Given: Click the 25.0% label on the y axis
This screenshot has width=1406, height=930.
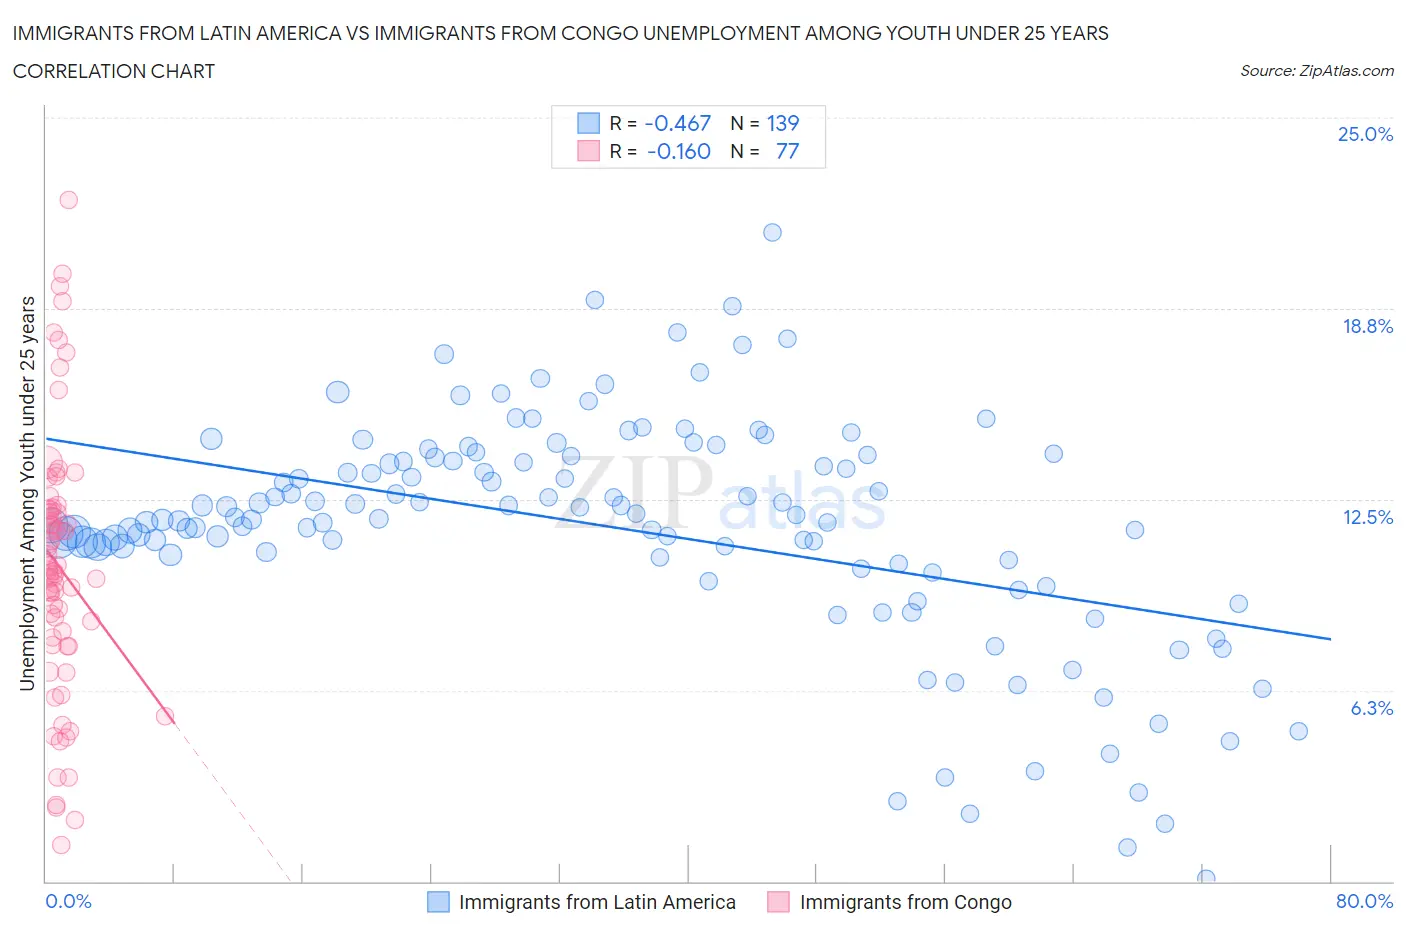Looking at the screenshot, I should [1365, 134].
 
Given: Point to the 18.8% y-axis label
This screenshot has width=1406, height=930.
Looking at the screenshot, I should [1367, 326].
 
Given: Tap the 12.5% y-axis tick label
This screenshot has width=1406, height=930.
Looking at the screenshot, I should [1367, 517].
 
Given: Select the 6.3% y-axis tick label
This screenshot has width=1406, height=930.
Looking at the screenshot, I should [1371, 708].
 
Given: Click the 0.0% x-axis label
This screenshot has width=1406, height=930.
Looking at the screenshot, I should [68, 901].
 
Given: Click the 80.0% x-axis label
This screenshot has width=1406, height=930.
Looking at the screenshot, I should [1364, 901].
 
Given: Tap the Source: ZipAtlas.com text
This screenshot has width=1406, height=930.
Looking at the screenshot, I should [1316, 70].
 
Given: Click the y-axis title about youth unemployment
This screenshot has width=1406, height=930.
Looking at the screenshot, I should [28, 494].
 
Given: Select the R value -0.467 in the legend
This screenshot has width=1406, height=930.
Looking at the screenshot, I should [677, 123].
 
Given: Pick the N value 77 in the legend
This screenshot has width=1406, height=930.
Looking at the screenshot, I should [787, 151].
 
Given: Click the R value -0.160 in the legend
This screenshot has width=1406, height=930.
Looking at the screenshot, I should [678, 151].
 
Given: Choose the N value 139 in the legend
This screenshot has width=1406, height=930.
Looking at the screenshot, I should [782, 123].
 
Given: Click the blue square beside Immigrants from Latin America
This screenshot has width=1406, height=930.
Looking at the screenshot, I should [438, 902].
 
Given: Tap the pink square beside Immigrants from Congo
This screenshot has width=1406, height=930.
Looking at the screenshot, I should [778, 902].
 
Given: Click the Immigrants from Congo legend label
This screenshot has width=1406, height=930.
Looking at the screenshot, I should [905, 902].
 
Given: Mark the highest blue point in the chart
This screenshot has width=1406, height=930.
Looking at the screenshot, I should [772, 232].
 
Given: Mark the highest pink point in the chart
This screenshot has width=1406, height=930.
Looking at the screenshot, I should [68, 199].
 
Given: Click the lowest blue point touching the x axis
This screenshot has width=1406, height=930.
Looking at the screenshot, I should [1206, 878].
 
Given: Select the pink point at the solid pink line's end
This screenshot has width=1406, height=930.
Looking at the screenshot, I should [166, 715].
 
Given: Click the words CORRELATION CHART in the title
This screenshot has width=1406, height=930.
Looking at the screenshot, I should [114, 71].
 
